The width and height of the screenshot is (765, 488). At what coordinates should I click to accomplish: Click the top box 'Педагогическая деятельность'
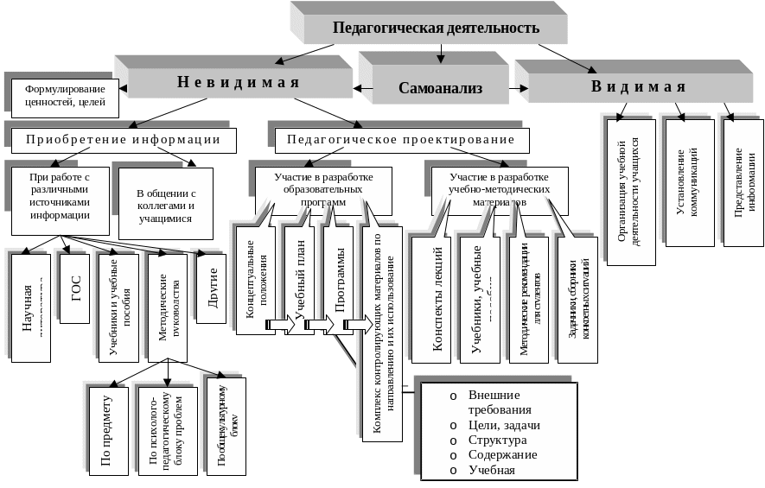[x=436, y=28]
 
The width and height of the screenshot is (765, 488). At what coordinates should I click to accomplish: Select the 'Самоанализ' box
[x=440, y=88]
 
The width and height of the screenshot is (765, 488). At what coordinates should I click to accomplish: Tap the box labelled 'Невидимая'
[x=238, y=83]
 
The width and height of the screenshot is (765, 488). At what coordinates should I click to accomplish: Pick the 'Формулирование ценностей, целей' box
[x=65, y=95]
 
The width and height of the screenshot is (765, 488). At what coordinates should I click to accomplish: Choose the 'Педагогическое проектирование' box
[x=400, y=139]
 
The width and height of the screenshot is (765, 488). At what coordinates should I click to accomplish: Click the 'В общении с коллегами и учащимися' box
[x=166, y=201]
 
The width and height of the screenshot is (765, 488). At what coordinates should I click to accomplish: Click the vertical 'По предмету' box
[x=107, y=429]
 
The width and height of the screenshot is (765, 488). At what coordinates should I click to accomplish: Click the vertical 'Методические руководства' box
[x=167, y=306]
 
